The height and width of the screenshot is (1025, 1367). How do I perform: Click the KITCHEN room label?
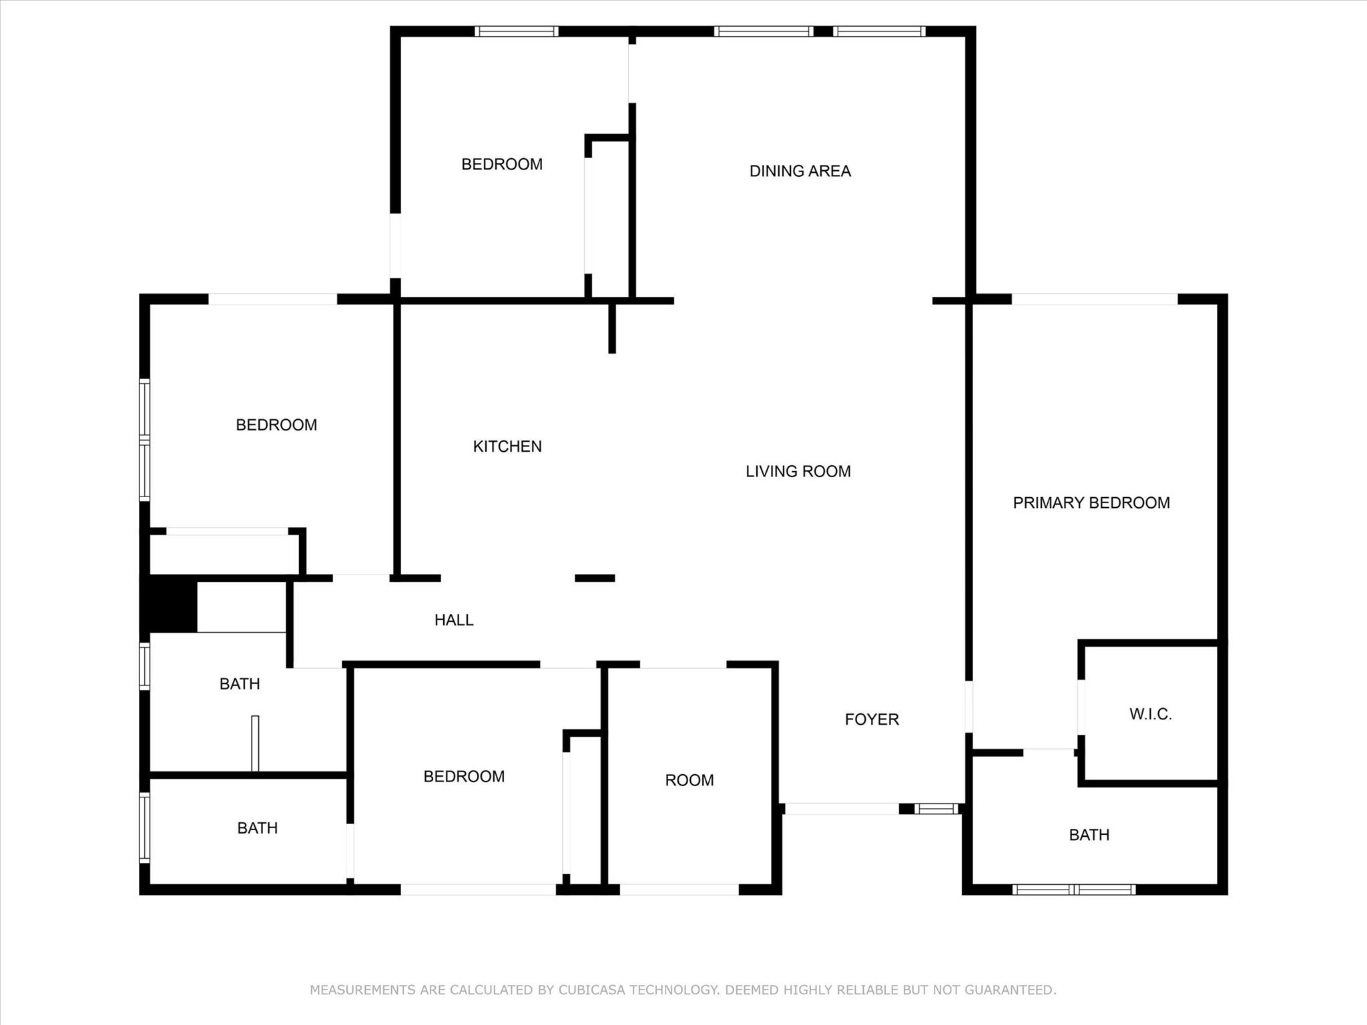pos(507,446)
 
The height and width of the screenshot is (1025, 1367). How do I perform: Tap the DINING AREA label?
pos(800,171)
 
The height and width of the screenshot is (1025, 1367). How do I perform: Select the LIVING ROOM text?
pos(798,471)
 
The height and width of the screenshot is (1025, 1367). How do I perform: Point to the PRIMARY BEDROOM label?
pos(1091,502)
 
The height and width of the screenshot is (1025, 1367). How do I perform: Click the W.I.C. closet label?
pos(1150,714)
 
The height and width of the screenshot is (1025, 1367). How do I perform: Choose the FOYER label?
pos(872,719)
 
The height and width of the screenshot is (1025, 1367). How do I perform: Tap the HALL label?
pos(454,620)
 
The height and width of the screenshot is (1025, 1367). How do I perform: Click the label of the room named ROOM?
pos(690,780)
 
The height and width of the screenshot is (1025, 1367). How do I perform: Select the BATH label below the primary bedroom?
pos(1089,835)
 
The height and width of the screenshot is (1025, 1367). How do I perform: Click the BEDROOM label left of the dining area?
pos(502,164)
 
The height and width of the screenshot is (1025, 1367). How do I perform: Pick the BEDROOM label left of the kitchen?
pos(276,425)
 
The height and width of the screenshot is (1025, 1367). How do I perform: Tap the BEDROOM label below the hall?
pos(464,776)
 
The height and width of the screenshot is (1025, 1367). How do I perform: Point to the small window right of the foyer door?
pos(936,809)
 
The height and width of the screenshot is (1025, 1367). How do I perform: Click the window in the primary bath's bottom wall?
pos(1073,890)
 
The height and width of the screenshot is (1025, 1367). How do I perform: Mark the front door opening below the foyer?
pos(842,809)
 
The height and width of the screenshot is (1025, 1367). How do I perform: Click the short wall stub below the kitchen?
pos(595,578)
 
